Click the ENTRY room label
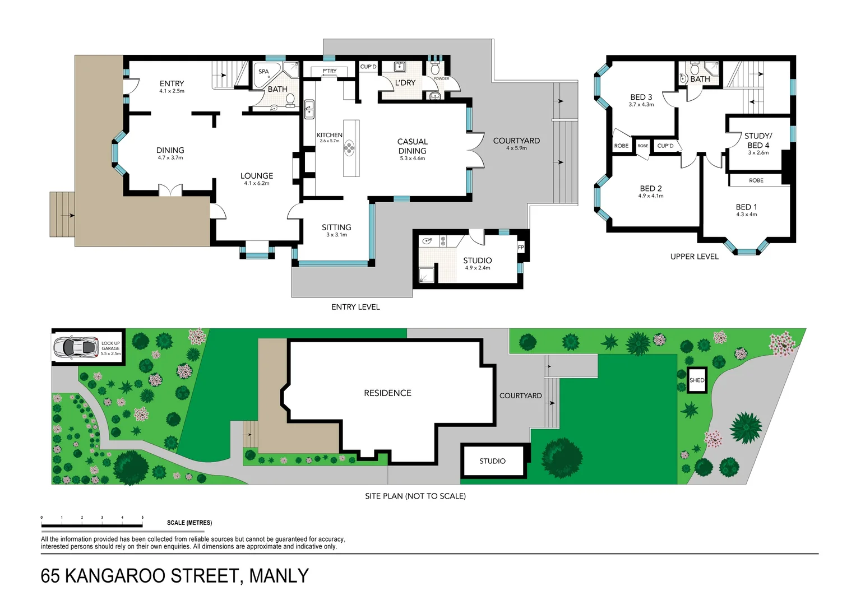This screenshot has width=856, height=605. click(172, 83)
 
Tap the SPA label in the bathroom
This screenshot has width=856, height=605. click(263, 72)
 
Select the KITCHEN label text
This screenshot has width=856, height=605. click(329, 135)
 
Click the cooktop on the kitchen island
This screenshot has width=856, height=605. click(350, 148)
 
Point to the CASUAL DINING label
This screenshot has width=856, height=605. click(412, 146)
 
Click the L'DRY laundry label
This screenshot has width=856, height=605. click(405, 83)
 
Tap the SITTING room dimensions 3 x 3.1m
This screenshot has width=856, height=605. click(336, 235)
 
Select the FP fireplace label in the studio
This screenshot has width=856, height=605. click(521, 248)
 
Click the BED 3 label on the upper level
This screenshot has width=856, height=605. click(641, 97)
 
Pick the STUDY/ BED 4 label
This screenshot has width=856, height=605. click(758, 140)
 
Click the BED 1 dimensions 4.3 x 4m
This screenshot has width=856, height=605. click(746, 215)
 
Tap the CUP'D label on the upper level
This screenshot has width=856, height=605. click(665, 146)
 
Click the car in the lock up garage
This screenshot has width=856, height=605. click(75, 347)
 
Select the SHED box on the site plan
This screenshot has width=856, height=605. click(697, 380)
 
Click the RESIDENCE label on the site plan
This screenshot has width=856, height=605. click(387, 393)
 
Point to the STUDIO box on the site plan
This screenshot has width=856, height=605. click(493, 461)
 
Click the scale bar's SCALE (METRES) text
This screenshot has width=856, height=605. click(189, 523)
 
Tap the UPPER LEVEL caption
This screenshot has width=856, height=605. click(694, 257)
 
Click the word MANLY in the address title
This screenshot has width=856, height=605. click(279, 576)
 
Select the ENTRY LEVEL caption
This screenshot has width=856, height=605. click(355, 307)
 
